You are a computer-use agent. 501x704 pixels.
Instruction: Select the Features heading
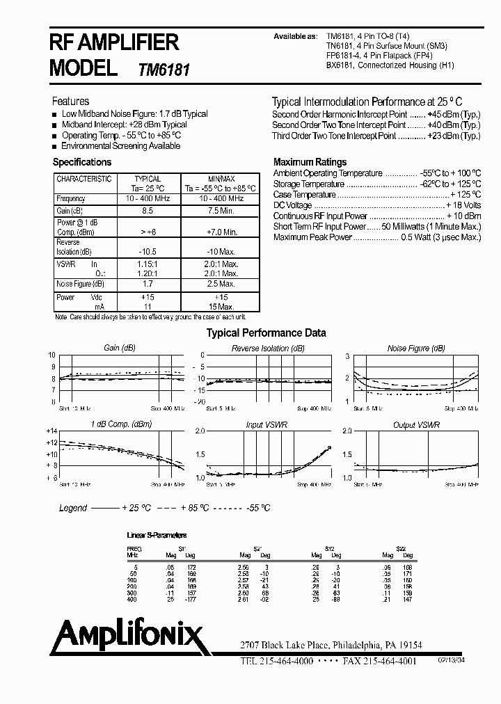click(70, 101)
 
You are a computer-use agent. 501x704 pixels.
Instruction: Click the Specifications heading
click(82, 162)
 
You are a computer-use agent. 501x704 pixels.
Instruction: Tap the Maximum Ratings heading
click(310, 161)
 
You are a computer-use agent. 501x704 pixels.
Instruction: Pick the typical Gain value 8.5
click(147, 210)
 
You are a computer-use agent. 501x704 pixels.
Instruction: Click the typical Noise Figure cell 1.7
click(147, 284)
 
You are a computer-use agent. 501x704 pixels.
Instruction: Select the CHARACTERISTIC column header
click(83, 179)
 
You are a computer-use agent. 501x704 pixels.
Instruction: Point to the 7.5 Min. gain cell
click(222, 210)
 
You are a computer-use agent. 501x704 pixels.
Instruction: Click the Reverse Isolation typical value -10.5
click(147, 251)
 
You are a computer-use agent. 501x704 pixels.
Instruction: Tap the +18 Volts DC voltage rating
click(464, 206)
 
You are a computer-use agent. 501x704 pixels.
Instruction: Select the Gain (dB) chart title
click(119, 348)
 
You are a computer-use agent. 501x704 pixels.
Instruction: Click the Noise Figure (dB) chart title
click(408, 348)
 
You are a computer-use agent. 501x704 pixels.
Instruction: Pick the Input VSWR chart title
click(267, 424)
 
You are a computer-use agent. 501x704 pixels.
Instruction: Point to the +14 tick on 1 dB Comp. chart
click(51, 431)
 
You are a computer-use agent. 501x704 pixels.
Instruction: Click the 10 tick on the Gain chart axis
click(51, 355)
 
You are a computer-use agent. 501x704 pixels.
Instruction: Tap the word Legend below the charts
click(73, 509)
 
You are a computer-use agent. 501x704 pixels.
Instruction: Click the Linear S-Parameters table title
click(157, 535)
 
